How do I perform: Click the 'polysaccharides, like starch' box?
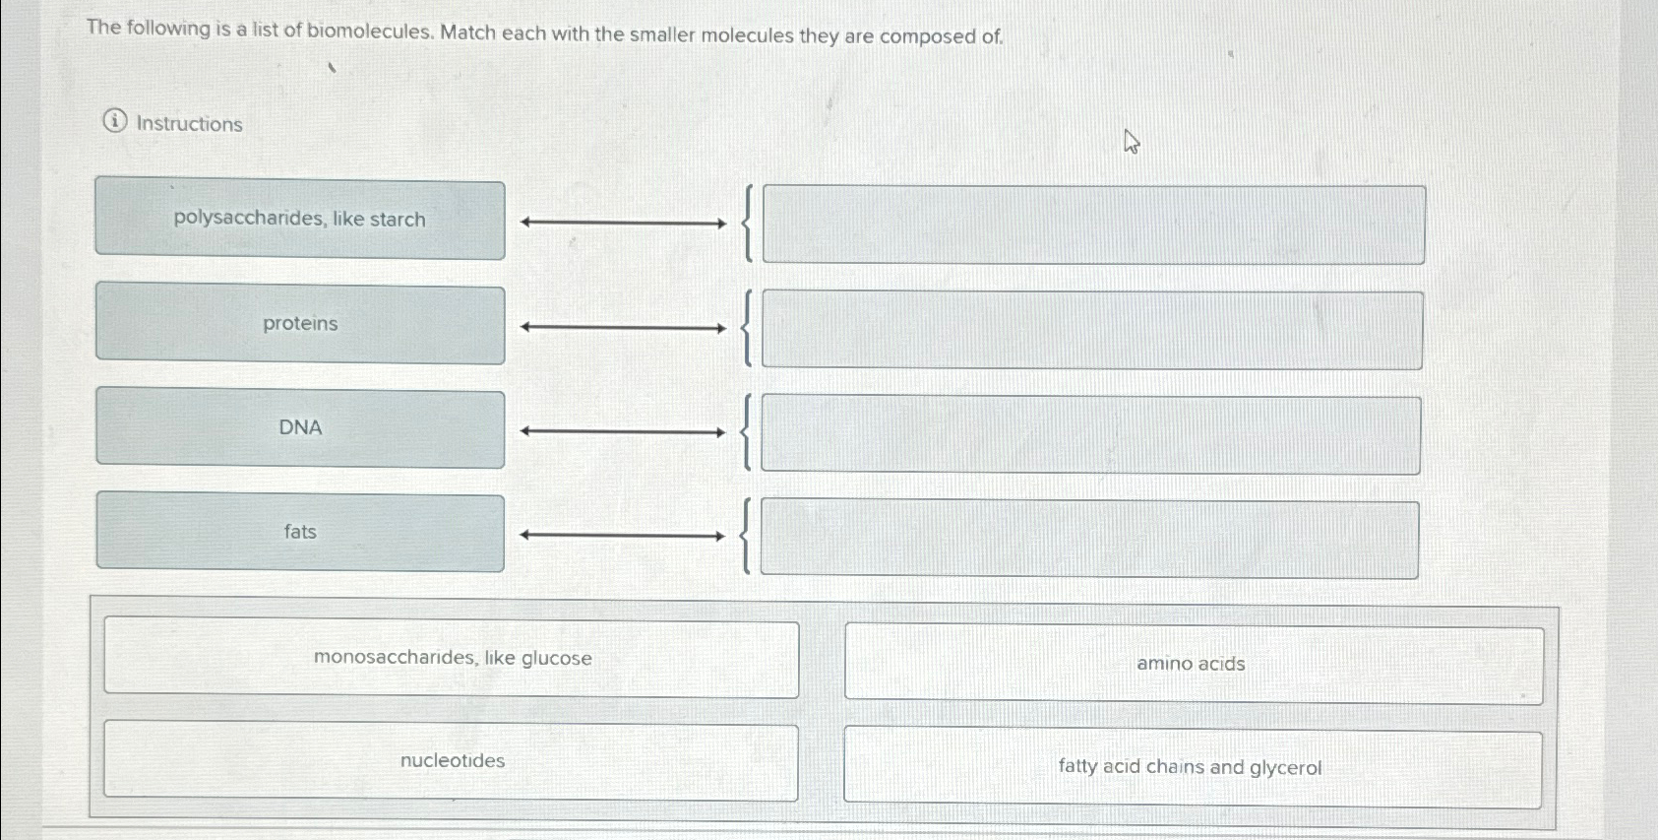coord(300,220)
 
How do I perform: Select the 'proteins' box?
coord(300,325)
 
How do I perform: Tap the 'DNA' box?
coord(300,429)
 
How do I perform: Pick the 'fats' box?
coord(300,533)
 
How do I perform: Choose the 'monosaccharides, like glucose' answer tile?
coord(452,658)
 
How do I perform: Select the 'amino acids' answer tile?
coord(1193,665)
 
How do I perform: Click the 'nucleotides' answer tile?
coord(452,761)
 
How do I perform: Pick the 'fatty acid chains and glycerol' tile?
coord(1191,768)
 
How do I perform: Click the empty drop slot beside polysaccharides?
coord(1093,225)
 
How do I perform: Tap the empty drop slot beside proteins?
coord(1091,330)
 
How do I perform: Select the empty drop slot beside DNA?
coord(1090,434)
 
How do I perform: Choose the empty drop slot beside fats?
coord(1089,539)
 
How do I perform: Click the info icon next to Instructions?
coord(115,121)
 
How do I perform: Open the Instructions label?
coord(189,124)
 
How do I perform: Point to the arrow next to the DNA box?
coord(623,431)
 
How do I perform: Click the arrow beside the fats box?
coord(623,536)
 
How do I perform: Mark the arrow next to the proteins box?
coord(623,327)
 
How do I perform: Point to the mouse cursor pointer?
coord(1132,143)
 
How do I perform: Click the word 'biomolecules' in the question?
coord(369,31)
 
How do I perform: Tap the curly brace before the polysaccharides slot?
coord(749,224)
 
